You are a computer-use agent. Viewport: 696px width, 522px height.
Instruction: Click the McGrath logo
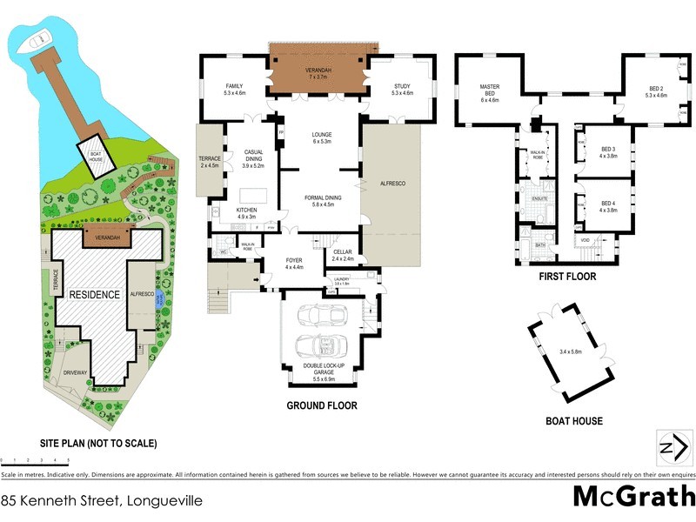633,497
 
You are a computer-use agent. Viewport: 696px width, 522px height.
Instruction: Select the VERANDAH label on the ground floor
324,69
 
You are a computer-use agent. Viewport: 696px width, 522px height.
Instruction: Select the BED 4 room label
608,206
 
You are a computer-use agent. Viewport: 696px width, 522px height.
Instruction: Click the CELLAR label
343,254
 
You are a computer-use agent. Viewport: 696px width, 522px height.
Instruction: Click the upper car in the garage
320,315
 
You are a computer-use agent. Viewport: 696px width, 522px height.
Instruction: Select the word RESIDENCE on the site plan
95,295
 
